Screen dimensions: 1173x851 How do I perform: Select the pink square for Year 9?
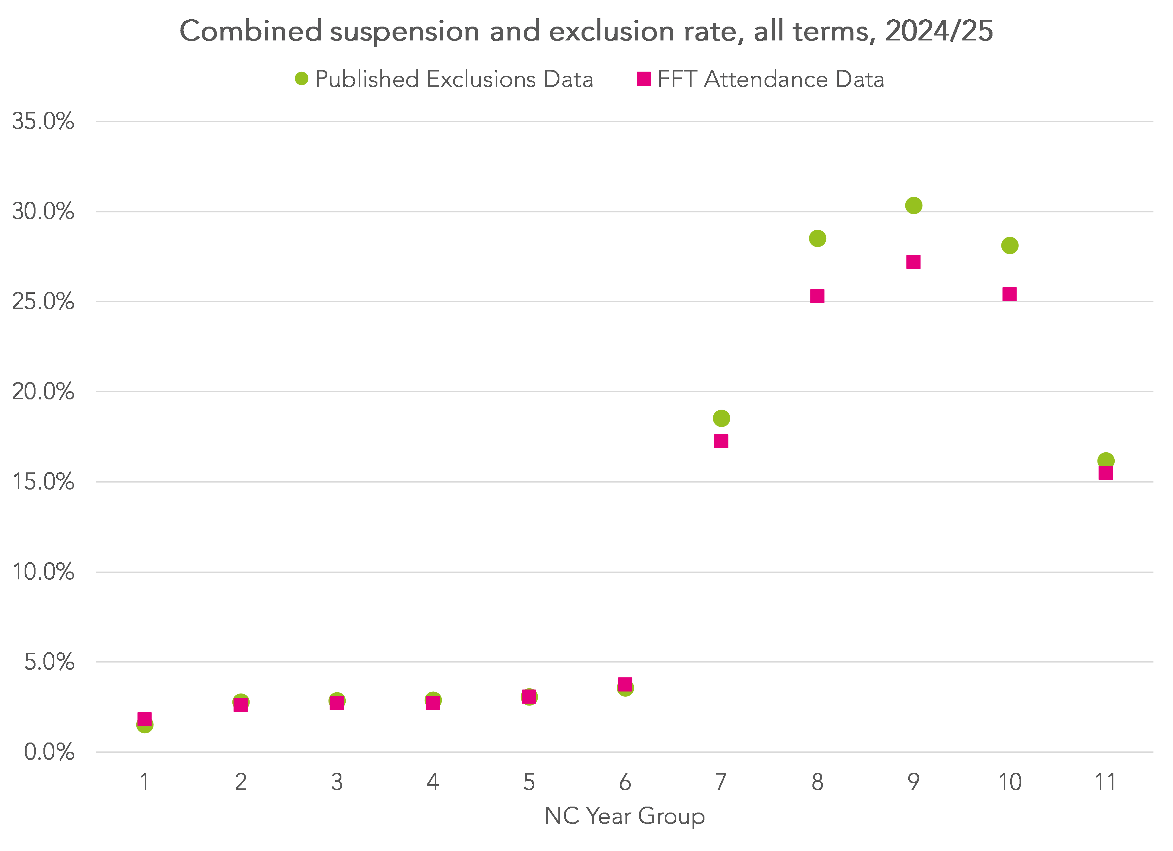pyautogui.click(x=913, y=262)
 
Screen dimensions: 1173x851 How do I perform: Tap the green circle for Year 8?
pyautogui.click(x=817, y=238)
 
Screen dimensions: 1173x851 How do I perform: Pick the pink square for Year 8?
pyautogui.click(x=817, y=296)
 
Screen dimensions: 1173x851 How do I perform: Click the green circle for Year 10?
pyautogui.click(x=1010, y=246)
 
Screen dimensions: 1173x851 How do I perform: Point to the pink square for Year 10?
pyautogui.click(x=1010, y=294)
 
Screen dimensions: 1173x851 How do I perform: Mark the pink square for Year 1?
pyautogui.click(x=145, y=719)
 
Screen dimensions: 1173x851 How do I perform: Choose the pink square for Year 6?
pyautogui.click(x=625, y=684)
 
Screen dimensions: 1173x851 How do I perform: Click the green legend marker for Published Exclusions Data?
pyautogui.click(x=301, y=79)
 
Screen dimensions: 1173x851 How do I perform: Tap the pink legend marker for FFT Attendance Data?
pyautogui.click(x=643, y=79)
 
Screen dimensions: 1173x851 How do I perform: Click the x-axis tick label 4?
pyautogui.click(x=433, y=782)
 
